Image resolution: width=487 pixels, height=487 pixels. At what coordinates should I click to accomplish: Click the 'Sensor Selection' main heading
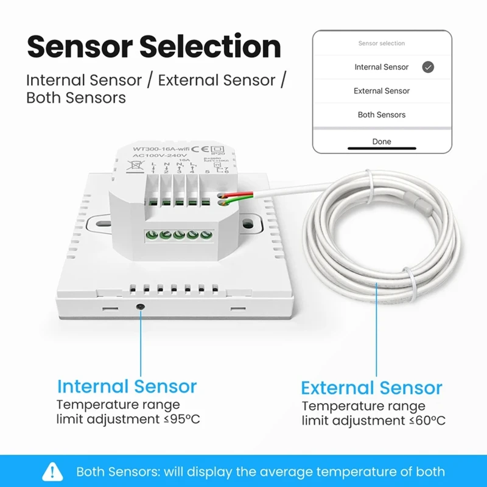click(x=154, y=47)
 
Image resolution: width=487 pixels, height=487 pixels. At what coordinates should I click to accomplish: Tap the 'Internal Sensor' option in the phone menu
click(x=382, y=67)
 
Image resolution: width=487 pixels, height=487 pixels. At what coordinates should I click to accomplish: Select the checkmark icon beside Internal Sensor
click(x=428, y=68)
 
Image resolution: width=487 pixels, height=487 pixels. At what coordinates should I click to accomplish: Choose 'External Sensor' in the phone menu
click(x=382, y=91)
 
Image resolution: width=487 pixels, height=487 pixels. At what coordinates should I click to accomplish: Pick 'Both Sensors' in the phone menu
click(x=382, y=114)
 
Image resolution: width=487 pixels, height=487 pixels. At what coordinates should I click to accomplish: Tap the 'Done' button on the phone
click(x=382, y=141)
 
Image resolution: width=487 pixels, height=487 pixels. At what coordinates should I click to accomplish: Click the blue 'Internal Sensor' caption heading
click(x=127, y=387)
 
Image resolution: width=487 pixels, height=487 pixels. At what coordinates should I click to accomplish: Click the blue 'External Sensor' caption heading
click(x=371, y=388)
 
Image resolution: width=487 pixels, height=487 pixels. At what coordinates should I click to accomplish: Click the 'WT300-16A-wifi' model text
click(x=160, y=149)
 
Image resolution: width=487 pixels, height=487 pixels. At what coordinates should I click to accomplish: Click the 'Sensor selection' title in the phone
click(x=382, y=44)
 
